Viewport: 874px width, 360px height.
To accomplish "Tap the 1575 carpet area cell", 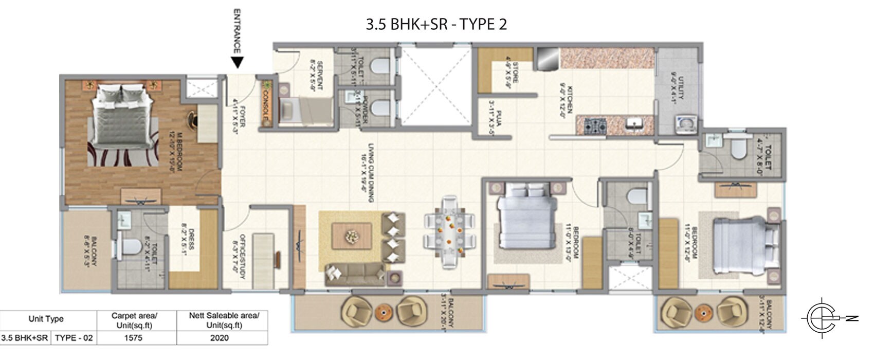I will pyautogui.click(x=133, y=338).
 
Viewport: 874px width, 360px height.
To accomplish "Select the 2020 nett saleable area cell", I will pyautogui.click(x=220, y=338).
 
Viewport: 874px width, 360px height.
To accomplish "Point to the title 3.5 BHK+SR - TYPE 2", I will pyautogui.click(x=436, y=24).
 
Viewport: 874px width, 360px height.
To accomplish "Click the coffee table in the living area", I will pyautogui.click(x=352, y=236).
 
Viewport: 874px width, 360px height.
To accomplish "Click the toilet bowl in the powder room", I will pyautogui.click(x=381, y=107).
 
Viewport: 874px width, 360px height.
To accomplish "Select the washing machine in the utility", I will pyautogui.click(x=685, y=124).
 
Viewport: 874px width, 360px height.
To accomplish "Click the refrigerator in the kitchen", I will pyautogui.click(x=547, y=59).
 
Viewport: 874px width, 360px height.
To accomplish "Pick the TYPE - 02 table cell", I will pyautogui.click(x=74, y=338).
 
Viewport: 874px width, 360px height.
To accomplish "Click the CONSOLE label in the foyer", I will pyautogui.click(x=266, y=104).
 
